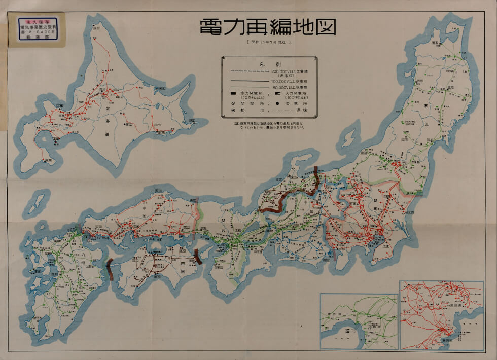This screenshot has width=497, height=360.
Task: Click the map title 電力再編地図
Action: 267,27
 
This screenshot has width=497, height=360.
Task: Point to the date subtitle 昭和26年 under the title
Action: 267,43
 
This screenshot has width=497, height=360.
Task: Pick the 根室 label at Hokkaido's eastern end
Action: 193,121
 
